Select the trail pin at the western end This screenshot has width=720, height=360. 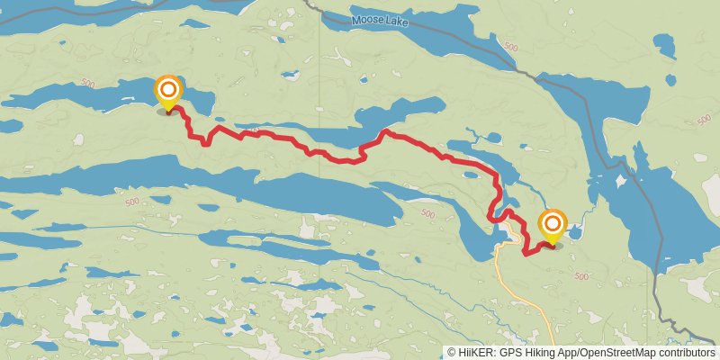pos(168,92)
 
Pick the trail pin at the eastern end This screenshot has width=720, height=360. pos(552,225)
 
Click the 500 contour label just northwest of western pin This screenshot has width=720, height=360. pos(88,83)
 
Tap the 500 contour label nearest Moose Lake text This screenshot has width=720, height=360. pos(511,47)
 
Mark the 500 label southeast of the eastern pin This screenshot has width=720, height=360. pos(580,276)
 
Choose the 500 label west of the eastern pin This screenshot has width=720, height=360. pos(427,214)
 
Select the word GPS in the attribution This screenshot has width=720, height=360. pos(512,353)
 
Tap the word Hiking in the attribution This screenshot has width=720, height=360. pos(544,353)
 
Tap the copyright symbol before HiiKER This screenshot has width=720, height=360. pos(452,353)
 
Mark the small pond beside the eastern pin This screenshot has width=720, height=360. pos(577,234)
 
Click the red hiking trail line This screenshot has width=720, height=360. pos(288,140)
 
